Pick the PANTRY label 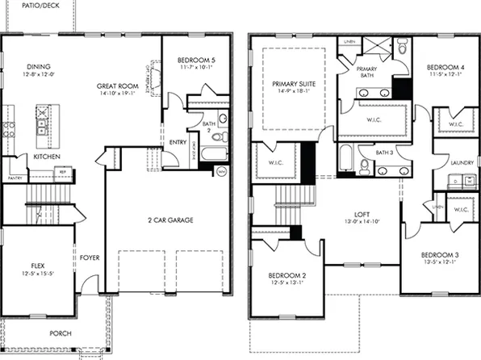point(14,178)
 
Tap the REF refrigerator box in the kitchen point(61,172)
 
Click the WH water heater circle point(220,170)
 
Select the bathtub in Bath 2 point(211,153)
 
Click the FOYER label point(90,258)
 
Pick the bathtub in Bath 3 point(345,157)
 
